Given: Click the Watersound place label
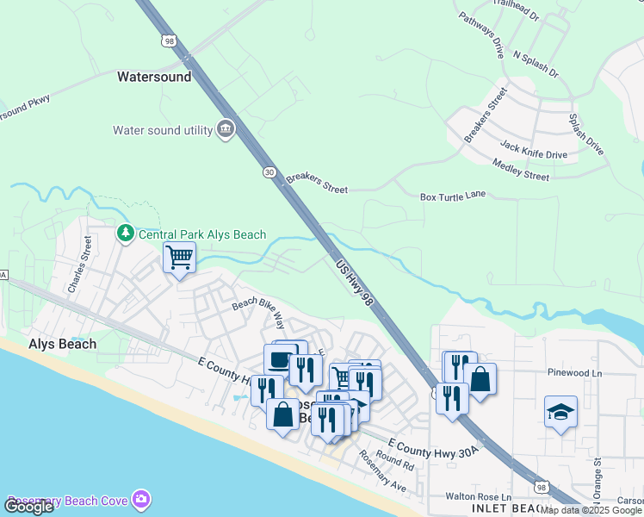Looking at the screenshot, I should (x=154, y=77).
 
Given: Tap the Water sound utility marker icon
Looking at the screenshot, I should (x=226, y=130).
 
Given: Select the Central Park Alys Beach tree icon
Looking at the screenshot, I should (x=126, y=234).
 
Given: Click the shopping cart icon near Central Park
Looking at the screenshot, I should (x=179, y=256).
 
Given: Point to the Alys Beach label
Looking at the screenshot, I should (x=63, y=343).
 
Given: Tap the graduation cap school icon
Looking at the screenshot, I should (x=560, y=413).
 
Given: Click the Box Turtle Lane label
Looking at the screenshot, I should (x=453, y=196).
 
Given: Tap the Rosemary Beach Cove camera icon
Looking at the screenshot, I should (x=141, y=500).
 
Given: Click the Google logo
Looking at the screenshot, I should (x=28, y=507).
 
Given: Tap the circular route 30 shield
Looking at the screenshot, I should (x=269, y=172).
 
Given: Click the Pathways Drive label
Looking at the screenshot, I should (x=480, y=35).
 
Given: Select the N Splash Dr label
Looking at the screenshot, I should (x=536, y=65).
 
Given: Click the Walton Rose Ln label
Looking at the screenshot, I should (x=478, y=496).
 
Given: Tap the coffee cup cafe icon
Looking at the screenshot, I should (x=280, y=359).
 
